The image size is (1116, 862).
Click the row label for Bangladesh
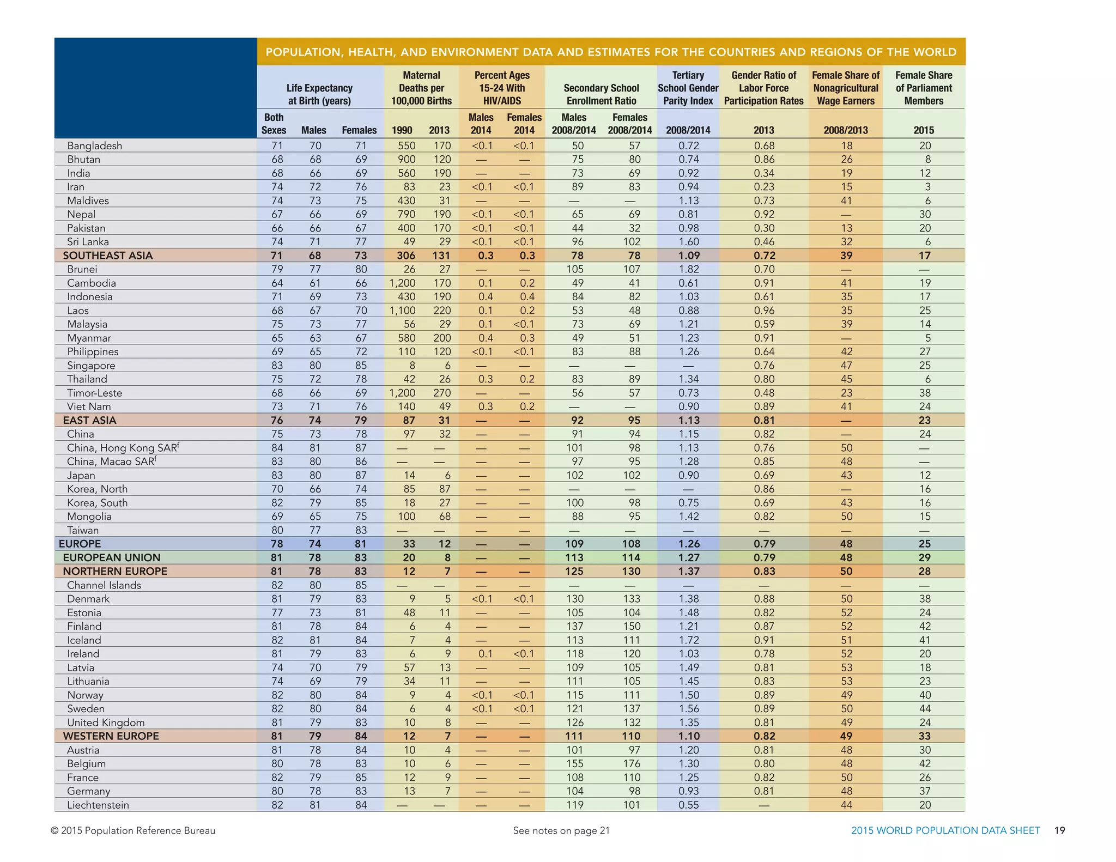pos(94,145)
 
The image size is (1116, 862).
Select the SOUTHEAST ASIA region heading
pos(107,256)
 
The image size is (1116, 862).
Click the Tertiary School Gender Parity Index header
pos(688,88)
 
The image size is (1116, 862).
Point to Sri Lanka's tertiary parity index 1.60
pos(688,242)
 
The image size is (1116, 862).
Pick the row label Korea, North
pos(97,489)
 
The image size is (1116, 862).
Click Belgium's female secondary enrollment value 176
pos(632,763)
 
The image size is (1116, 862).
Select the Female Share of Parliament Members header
pos(924,88)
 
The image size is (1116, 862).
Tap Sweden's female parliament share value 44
pos(925,708)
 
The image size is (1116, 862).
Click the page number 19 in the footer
pos(1059,830)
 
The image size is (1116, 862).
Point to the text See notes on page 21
pos(561,830)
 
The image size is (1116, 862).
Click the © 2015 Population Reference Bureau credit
pos(133,830)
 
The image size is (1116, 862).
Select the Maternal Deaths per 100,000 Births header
pos(421,88)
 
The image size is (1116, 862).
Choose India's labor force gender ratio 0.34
pos(764,173)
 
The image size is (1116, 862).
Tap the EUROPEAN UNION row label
pos(111,557)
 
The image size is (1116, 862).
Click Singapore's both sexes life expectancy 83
pos(277,366)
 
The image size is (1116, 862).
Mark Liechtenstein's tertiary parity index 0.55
pos(688,805)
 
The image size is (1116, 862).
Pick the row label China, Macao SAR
pos(111,462)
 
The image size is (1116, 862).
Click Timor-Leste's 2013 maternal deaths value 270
pos(442,393)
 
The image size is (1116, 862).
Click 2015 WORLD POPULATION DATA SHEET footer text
pos(945,830)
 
